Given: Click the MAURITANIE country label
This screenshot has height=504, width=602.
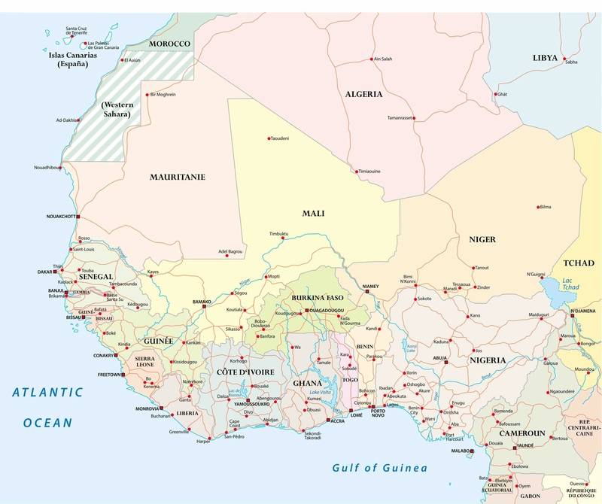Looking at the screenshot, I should [x=178, y=178].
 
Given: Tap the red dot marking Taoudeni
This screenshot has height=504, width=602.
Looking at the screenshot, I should [x=269, y=138].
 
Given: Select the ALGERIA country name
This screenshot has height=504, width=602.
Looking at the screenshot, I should [x=364, y=95].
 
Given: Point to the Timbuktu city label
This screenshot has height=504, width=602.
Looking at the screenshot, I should [x=279, y=234].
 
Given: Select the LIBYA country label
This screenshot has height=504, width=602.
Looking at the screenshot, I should [x=545, y=57].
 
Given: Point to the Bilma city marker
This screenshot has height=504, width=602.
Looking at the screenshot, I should [x=537, y=206].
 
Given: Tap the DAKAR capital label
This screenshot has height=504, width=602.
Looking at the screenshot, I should [x=47, y=272].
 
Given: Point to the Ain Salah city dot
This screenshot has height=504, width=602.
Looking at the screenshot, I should [x=370, y=59].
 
